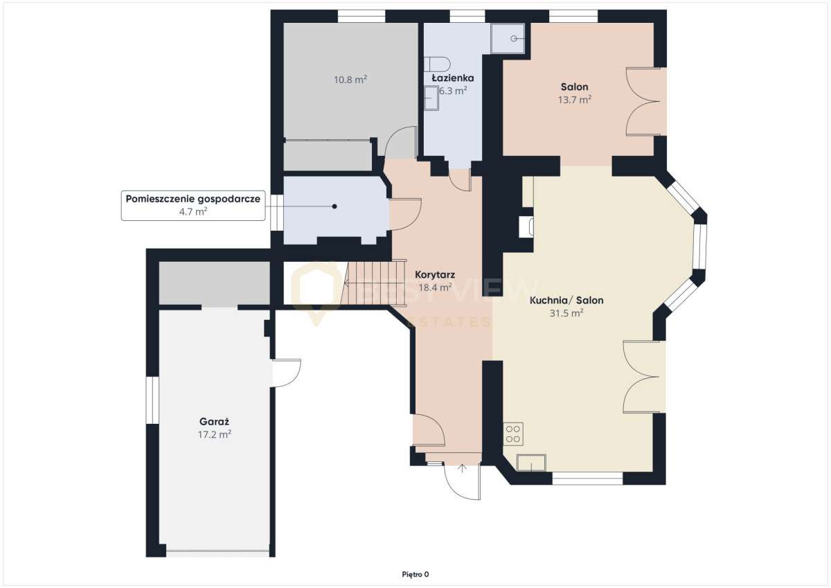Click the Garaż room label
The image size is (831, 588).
click(215, 422)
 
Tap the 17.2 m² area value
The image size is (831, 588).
click(215, 434)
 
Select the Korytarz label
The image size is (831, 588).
click(435, 275)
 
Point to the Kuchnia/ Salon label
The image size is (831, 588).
click(566, 300)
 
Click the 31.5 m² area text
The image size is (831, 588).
click(566, 313)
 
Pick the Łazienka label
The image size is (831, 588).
click(453, 78)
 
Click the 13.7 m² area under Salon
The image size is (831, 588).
click(575, 100)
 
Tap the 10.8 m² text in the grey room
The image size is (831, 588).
click(350, 80)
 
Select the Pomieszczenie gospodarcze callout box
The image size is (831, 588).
click(193, 206)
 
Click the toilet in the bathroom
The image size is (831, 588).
click(437, 64)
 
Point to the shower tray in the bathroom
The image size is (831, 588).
click(508, 38)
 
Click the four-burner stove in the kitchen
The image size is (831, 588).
click(513, 434)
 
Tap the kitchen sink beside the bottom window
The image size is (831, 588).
click(531, 463)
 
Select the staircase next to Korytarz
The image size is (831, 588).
click(374, 283)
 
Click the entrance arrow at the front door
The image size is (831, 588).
click(462, 470)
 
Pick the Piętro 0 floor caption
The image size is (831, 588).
click(415, 574)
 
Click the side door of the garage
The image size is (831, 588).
click(286, 373)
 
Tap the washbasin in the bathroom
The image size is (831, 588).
click(431, 98)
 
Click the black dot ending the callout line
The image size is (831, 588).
click(334, 206)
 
